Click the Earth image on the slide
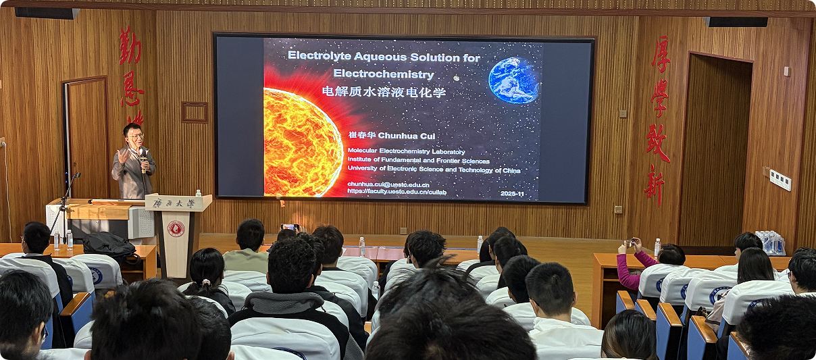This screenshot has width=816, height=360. pos(513,80)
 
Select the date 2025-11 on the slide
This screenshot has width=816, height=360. pos(517,193)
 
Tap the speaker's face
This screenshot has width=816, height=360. pos(134,136)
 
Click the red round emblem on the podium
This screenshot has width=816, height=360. pos(176,228)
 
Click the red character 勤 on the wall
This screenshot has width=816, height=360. pos(130,45)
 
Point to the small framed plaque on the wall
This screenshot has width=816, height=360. pos(195,112)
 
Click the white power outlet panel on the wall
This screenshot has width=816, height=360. pos(780,180)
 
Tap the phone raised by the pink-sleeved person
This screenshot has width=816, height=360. pos(629,242)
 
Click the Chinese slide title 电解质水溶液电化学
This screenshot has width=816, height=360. pos(383,92)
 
